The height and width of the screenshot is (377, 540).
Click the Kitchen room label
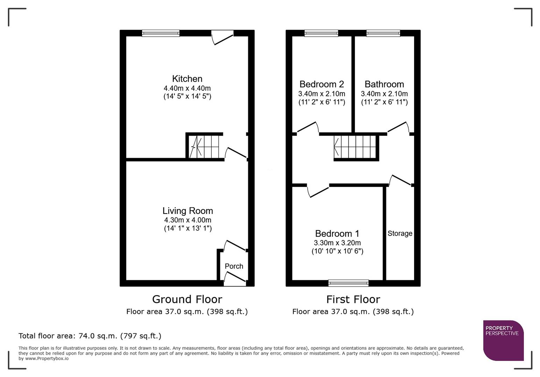tap(187, 79)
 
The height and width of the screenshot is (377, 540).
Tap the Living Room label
tap(187, 211)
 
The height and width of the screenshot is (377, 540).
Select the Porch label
tap(234, 266)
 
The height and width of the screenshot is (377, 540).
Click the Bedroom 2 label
tap(321, 84)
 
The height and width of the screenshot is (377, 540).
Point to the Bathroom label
tap(384, 84)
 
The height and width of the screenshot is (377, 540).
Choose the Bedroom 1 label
tap(337, 234)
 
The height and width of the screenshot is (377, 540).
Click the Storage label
tap(400, 234)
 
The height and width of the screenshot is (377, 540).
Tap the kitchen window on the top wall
tap(161, 34)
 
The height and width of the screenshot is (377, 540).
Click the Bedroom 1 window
tap(348, 283)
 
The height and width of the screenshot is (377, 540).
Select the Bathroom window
tap(383, 34)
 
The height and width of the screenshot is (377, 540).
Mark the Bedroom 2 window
tap(321, 34)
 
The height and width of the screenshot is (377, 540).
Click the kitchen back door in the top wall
tap(223, 36)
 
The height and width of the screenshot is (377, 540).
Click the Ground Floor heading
tap(187, 300)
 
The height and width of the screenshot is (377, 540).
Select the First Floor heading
tap(353, 300)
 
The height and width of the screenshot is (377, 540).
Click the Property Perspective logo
tap(503, 340)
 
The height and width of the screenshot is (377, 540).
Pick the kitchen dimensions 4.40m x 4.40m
tap(187, 89)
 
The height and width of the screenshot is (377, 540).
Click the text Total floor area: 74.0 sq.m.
tap(90, 336)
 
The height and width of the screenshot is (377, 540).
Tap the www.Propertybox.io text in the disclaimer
tap(47, 358)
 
